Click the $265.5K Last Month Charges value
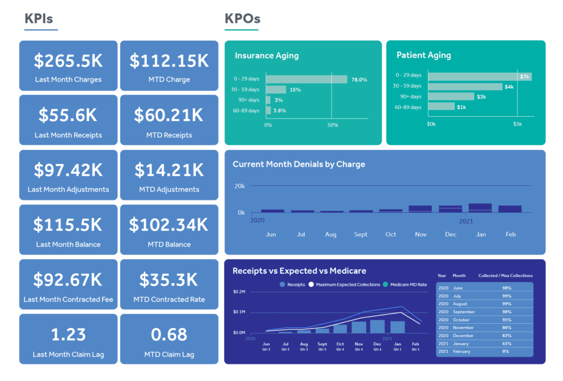point(68,60)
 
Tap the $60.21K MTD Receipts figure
point(169,115)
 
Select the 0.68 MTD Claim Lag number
point(169,334)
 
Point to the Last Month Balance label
point(68,244)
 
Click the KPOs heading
point(242,19)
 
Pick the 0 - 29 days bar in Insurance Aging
point(306,79)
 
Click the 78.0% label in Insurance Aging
point(359,80)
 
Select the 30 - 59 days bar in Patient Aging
point(465,86)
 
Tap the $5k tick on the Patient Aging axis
point(517,124)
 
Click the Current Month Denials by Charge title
point(299,164)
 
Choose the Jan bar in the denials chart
point(480,208)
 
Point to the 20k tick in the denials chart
point(239,186)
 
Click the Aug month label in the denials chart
point(330,235)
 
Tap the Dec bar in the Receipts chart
point(377,326)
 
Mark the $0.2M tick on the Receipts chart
point(239,291)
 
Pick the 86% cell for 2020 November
point(506,328)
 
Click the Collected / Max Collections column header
point(505,276)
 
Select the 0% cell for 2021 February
point(505,352)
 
